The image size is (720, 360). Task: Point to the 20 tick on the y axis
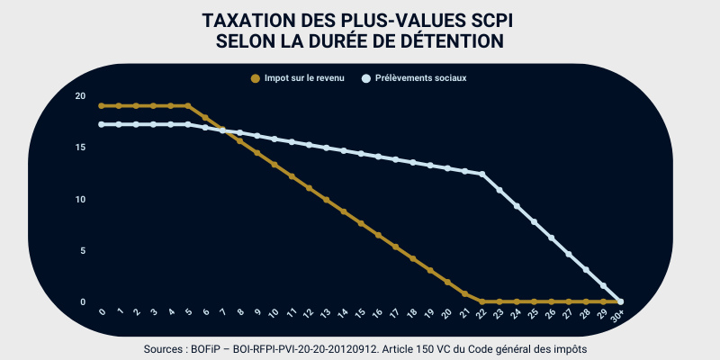[x=80, y=96]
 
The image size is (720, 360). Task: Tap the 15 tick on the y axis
[x=80, y=148]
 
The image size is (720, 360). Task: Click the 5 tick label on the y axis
[x=82, y=250]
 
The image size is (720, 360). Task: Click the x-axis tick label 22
[x=481, y=314]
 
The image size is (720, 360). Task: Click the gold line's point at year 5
[x=188, y=105]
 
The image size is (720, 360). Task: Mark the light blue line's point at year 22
[x=482, y=174]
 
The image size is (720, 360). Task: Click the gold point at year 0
[x=102, y=105]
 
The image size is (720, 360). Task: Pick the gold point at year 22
[x=482, y=301]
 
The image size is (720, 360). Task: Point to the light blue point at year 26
[x=552, y=238]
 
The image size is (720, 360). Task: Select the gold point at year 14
[x=344, y=211]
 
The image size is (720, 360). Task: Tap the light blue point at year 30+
[x=621, y=301]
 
